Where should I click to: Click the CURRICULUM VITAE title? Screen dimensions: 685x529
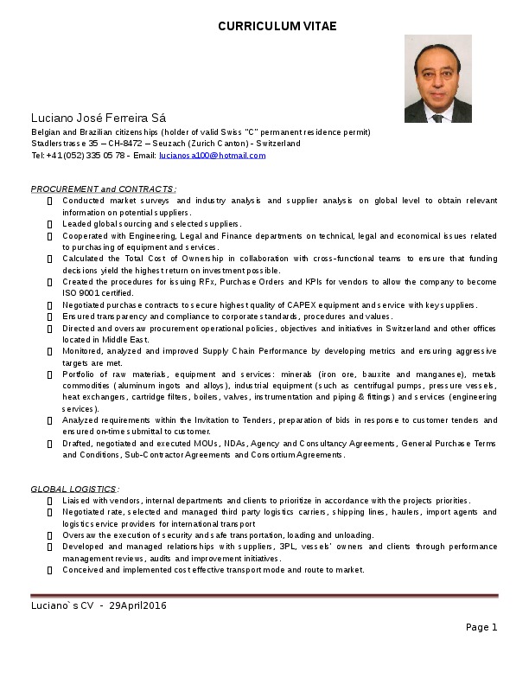click(x=277, y=26)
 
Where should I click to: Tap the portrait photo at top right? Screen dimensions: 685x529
click(x=437, y=79)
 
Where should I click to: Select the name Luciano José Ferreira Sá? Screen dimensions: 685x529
click(x=99, y=118)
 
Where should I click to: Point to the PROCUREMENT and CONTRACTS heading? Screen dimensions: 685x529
click(x=104, y=189)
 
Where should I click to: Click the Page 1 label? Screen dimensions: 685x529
click(x=481, y=627)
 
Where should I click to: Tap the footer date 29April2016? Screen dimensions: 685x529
click(x=137, y=605)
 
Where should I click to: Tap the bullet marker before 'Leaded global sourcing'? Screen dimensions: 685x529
click(x=50, y=224)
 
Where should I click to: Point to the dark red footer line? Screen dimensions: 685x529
click(x=264, y=595)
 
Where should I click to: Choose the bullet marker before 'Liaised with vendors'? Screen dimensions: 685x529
click(x=50, y=501)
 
